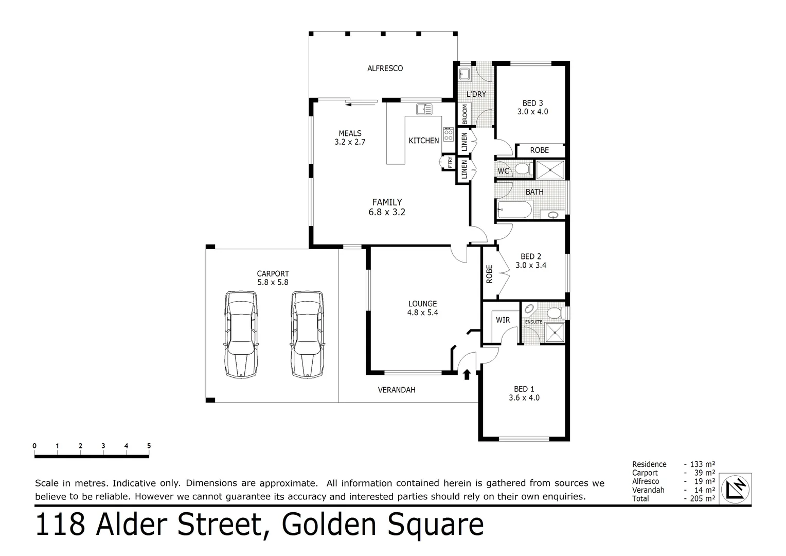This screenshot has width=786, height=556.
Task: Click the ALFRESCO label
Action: (385, 68)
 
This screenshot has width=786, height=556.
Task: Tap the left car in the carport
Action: (240, 335)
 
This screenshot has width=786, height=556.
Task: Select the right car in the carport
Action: (307, 335)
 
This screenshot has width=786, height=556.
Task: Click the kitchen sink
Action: (424, 109)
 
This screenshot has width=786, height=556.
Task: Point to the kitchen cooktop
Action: (448, 135)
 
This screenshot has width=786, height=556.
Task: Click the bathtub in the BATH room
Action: (515, 210)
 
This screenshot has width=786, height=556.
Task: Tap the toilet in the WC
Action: (523, 169)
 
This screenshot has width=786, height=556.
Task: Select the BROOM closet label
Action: (465, 114)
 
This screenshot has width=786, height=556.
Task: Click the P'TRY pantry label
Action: (450, 162)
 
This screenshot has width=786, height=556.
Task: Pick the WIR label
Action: (503, 320)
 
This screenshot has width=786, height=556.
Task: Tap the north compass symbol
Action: (736, 488)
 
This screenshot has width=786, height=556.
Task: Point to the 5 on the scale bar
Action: (149, 446)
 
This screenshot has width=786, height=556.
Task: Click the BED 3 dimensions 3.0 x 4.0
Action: (532, 111)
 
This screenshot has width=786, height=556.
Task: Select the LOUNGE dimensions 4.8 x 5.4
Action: (422, 312)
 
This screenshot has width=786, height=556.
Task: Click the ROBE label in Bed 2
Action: (489, 273)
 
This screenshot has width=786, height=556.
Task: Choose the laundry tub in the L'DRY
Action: (464, 74)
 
